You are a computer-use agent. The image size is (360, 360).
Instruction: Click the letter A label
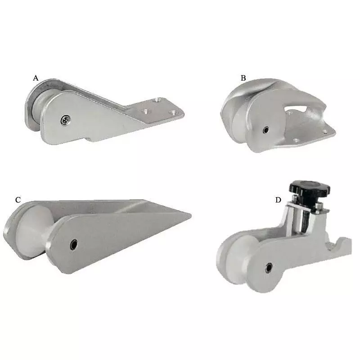[36, 78]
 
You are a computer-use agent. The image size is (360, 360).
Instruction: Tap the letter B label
[243, 78]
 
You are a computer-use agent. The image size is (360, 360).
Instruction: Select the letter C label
[18, 199]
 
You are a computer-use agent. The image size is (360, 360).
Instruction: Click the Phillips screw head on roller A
[66, 119]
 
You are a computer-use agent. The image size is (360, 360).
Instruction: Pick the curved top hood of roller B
[256, 88]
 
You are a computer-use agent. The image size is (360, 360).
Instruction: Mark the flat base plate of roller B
[310, 135]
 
